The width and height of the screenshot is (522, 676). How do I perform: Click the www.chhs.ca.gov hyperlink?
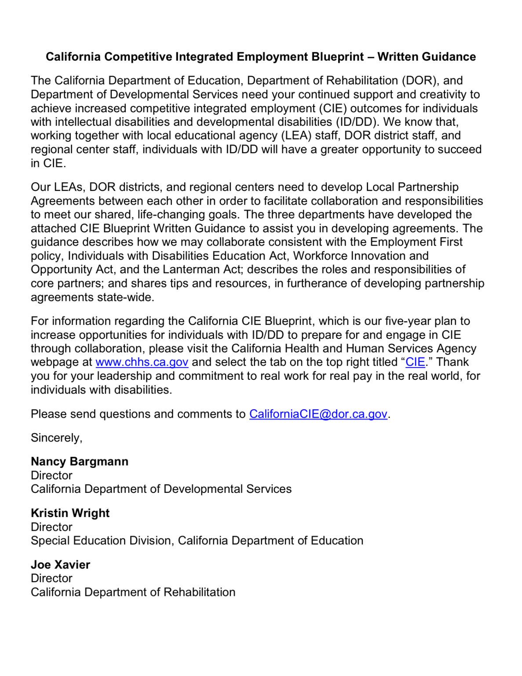(142, 362)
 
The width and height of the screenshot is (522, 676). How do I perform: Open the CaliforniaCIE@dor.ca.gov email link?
(318, 414)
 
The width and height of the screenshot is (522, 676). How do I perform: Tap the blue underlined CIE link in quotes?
(415, 362)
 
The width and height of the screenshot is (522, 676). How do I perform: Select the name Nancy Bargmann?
(80, 462)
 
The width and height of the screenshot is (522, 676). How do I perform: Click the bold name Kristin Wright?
(70, 513)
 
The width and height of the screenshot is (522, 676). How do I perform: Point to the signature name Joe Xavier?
(60, 565)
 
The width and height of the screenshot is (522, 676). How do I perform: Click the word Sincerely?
(56, 438)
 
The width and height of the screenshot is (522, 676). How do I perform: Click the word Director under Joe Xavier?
(51, 578)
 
